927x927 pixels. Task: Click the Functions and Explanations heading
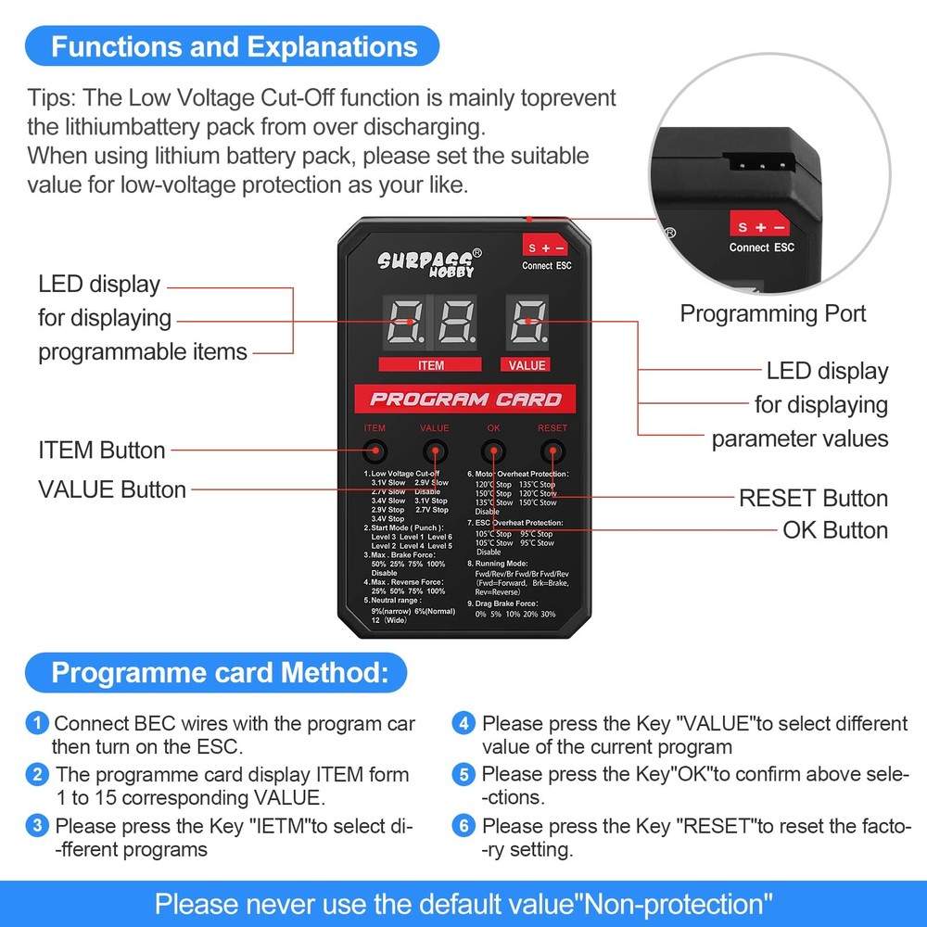[x=234, y=46]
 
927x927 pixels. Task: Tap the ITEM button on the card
[x=375, y=452]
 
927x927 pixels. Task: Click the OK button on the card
[x=494, y=452]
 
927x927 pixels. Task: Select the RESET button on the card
[x=552, y=452]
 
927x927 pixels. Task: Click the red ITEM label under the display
[x=431, y=364]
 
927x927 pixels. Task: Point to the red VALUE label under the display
[x=527, y=364]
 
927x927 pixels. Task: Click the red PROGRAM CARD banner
[x=464, y=400]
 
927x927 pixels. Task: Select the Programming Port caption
[x=773, y=313]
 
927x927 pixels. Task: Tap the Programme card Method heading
[x=216, y=672]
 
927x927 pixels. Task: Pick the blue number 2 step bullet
[x=38, y=773]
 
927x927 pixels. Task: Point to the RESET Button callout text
[x=813, y=499]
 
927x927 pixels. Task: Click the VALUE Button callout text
[x=112, y=489]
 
